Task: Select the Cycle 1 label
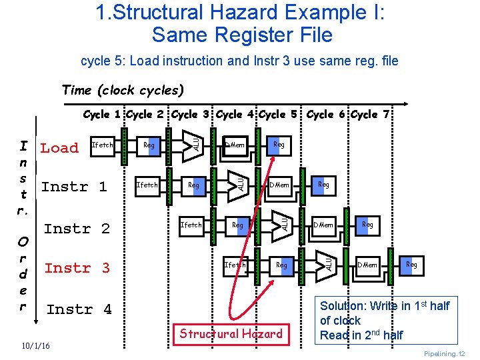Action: click(103, 115)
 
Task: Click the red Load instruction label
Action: click(59, 148)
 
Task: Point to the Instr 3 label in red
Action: click(77, 268)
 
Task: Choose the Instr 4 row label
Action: click(79, 309)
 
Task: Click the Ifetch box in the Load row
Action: click(102, 145)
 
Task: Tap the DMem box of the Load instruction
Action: click(235, 145)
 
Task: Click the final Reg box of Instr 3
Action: click(411, 265)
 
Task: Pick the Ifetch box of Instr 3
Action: click(235, 265)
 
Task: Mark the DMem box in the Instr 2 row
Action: click(323, 225)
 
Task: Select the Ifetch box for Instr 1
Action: click(147, 185)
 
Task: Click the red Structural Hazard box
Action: click(231, 333)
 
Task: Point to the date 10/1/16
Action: click(33, 346)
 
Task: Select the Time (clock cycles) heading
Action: click(122, 89)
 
